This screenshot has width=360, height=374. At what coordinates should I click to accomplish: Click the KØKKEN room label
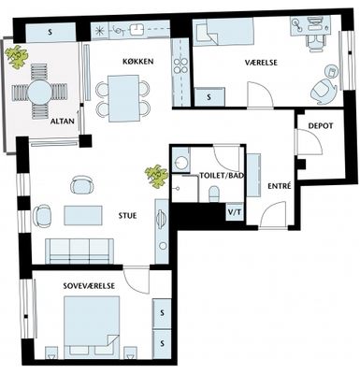click(x=137, y=62)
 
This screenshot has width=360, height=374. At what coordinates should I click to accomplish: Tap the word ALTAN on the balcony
click(x=63, y=122)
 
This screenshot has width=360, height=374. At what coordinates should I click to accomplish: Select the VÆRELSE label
click(x=261, y=63)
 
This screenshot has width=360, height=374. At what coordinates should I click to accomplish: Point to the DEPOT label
click(x=321, y=126)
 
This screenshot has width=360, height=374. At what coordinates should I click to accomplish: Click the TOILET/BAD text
click(x=222, y=176)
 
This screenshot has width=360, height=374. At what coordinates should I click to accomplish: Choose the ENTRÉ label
click(x=280, y=186)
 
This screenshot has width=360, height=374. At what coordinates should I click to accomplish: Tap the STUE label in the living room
click(x=127, y=216)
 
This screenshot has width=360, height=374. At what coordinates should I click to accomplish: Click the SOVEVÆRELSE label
click(x=89, y=286)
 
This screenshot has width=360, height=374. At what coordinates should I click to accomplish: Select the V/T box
click(x=235, y=212)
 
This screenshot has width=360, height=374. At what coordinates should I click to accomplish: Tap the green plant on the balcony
click(x=18, y=57)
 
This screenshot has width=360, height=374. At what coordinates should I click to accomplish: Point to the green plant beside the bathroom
click(x=157, y=176)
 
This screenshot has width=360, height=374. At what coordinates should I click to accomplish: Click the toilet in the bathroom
click(x=214, y=194)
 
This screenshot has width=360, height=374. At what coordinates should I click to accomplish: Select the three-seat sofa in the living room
click(x=79, y=252)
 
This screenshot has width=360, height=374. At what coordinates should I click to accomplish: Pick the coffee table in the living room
click(x=83, y=215)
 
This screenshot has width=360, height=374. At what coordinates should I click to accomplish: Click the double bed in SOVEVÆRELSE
click(x=92, y=327)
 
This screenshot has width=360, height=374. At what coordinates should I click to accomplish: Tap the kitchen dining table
click(x=123, y=98)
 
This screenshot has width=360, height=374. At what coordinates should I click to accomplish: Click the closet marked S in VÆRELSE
click(x=209, y=97)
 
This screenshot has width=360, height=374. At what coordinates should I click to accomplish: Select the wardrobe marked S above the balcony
click(x=50, y=32)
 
